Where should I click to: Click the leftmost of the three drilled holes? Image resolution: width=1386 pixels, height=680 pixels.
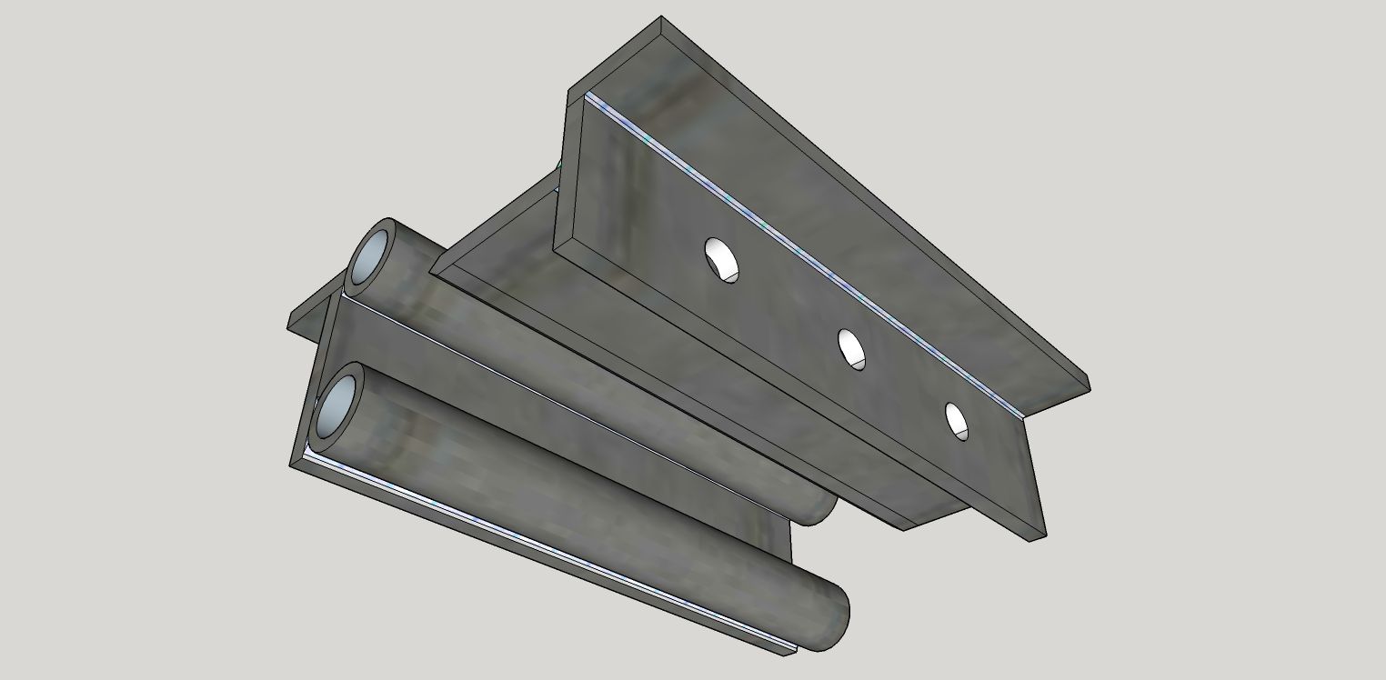720,258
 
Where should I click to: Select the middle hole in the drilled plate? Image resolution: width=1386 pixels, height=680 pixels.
851,348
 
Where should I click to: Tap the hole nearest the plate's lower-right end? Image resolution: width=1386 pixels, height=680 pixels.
957,420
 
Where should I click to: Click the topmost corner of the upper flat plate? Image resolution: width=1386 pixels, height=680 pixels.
661,18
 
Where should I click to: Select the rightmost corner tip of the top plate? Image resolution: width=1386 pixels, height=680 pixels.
1088,385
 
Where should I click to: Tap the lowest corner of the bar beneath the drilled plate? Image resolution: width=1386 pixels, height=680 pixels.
903,528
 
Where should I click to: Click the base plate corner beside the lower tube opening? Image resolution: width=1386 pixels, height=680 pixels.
293,464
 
